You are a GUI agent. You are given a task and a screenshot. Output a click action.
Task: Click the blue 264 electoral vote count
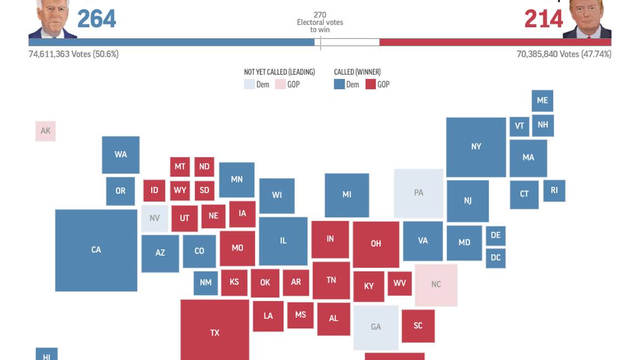(x=97, y=19)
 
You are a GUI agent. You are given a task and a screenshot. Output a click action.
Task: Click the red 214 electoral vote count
(x=543, y=19)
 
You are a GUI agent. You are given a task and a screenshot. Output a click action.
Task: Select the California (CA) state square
(x=96, y=250)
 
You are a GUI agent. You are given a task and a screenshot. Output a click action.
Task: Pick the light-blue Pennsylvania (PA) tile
(x=418, y=193)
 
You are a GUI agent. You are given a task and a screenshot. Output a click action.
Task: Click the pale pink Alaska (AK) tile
(x=46, y=131)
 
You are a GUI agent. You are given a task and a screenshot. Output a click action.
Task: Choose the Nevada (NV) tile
(x=154, y=218)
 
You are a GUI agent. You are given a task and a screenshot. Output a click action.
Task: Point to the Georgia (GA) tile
(x=376, y=327)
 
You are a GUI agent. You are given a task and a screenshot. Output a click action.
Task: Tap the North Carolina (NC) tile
(x=436, y=284)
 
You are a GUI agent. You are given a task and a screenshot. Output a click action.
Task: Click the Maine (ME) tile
(x=542, y=101)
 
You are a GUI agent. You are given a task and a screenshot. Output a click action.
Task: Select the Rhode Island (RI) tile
(x=554, y=191)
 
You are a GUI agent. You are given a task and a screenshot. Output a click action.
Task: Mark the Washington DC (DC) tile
(x=496, y=258)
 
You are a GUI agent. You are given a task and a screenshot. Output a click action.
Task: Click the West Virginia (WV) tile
(x=399, y=283)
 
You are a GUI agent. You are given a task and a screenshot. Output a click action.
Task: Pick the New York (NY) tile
(x=476, y=147)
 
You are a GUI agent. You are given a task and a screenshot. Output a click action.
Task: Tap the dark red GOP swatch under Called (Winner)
(x=371, y=84)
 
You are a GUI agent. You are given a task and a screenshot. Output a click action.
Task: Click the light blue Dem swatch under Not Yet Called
(x=249, y=84)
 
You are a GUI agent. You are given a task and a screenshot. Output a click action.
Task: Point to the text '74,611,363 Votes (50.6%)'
(x=73, y=54)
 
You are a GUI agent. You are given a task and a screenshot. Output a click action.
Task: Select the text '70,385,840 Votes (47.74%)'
(x=563, y=54)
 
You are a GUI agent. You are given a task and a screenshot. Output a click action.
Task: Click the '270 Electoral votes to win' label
(x=320, y=22)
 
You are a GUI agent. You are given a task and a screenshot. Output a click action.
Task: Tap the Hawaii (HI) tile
(x=47, y=354)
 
